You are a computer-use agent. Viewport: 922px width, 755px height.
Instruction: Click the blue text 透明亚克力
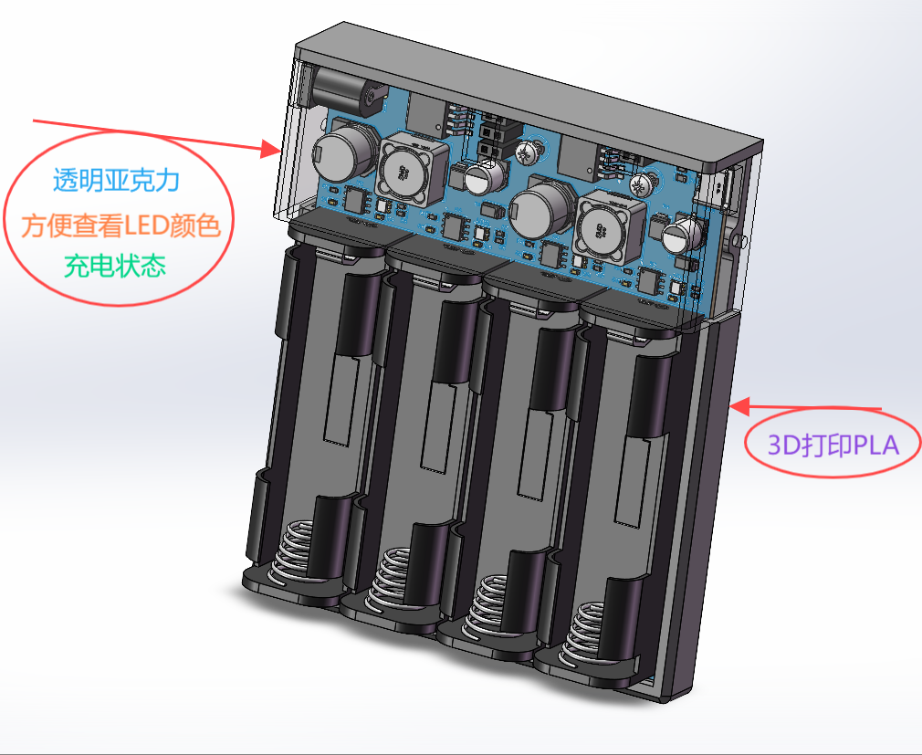click(x=116, y=180)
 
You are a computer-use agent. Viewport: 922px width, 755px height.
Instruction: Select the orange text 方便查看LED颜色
click(x=120, y=225)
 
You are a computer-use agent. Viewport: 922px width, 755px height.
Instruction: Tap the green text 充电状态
click(x=115, y=266)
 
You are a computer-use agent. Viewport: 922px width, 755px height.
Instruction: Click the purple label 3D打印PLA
click(x=833, y=446)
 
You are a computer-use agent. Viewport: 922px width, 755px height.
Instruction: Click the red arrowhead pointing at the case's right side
click(x=740, y=405)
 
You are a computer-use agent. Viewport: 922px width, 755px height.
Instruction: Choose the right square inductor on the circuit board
click(x=609, y=227)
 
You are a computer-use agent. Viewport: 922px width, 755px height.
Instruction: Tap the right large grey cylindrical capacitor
click(x=542, y=208)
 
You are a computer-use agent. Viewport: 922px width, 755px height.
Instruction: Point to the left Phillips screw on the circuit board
click(x=526, y=152)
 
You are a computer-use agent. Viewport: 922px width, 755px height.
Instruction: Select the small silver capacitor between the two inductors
click(x=484, y=176)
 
